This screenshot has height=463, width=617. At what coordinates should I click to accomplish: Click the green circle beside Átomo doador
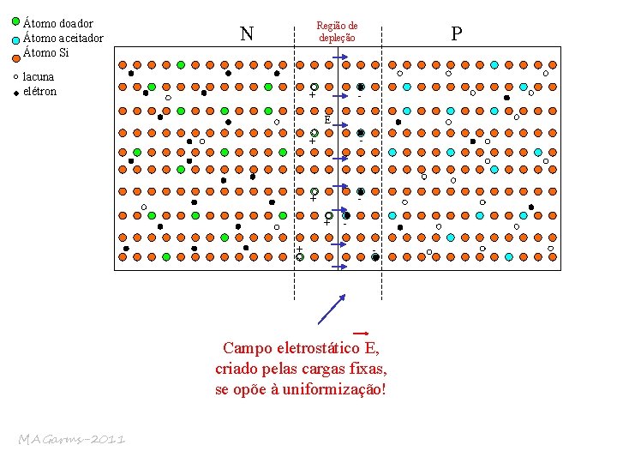click(x=16, y=21)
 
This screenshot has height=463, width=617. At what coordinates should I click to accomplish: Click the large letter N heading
click(x=247, y=34)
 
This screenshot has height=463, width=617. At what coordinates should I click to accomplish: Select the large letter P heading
click(x=456, y=34)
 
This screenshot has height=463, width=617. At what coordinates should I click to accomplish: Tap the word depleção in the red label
click(x=337, y=39)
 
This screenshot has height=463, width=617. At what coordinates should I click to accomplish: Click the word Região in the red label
click(x=337, y=27)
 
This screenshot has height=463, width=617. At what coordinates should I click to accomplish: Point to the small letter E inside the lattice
click(x=326, y=120)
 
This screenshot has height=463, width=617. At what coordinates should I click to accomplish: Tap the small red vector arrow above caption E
click(x=360, y=333)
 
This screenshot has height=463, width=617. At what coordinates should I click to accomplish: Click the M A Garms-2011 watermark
click(x=72, y=440)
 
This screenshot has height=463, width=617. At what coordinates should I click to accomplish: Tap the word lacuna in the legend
click(x=39, y=76)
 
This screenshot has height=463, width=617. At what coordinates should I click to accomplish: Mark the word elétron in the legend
click(x=40, y=92)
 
